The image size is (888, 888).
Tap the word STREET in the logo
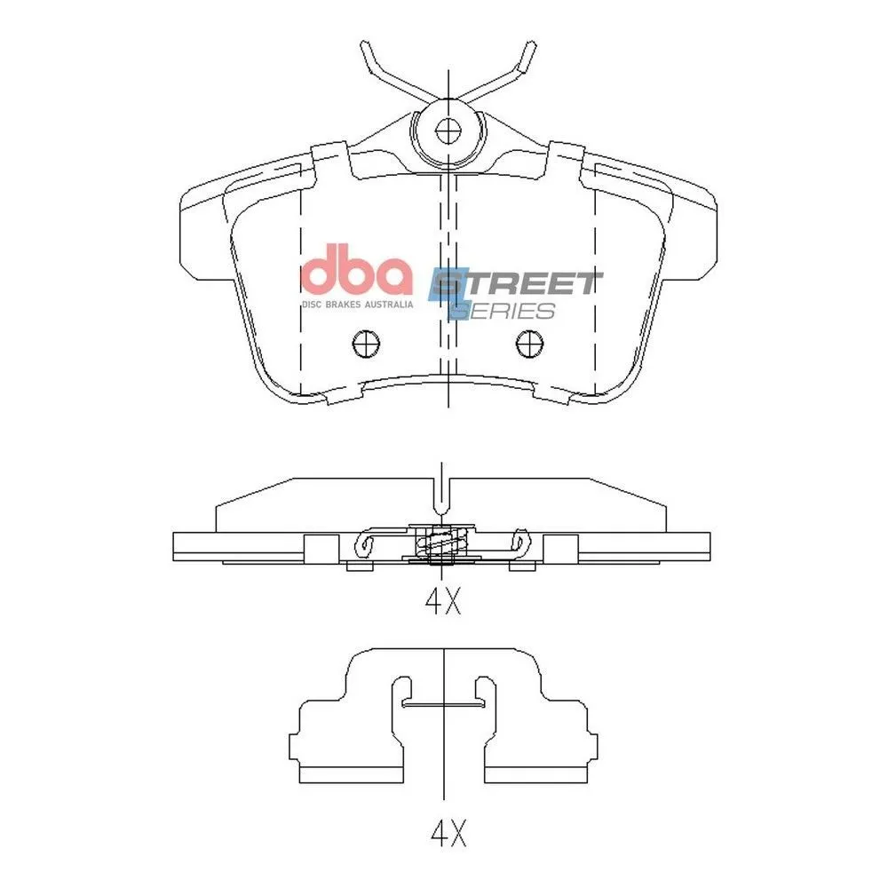click(515, 284)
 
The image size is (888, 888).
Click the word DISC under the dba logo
click(312, 305)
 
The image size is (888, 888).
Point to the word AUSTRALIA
click(389, 305)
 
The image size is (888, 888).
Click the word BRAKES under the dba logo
click(343, 305)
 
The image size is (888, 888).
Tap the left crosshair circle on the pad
click(366, 343)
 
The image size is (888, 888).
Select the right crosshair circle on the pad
click(529, 343)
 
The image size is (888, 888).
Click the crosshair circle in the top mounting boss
click(448, 132)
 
